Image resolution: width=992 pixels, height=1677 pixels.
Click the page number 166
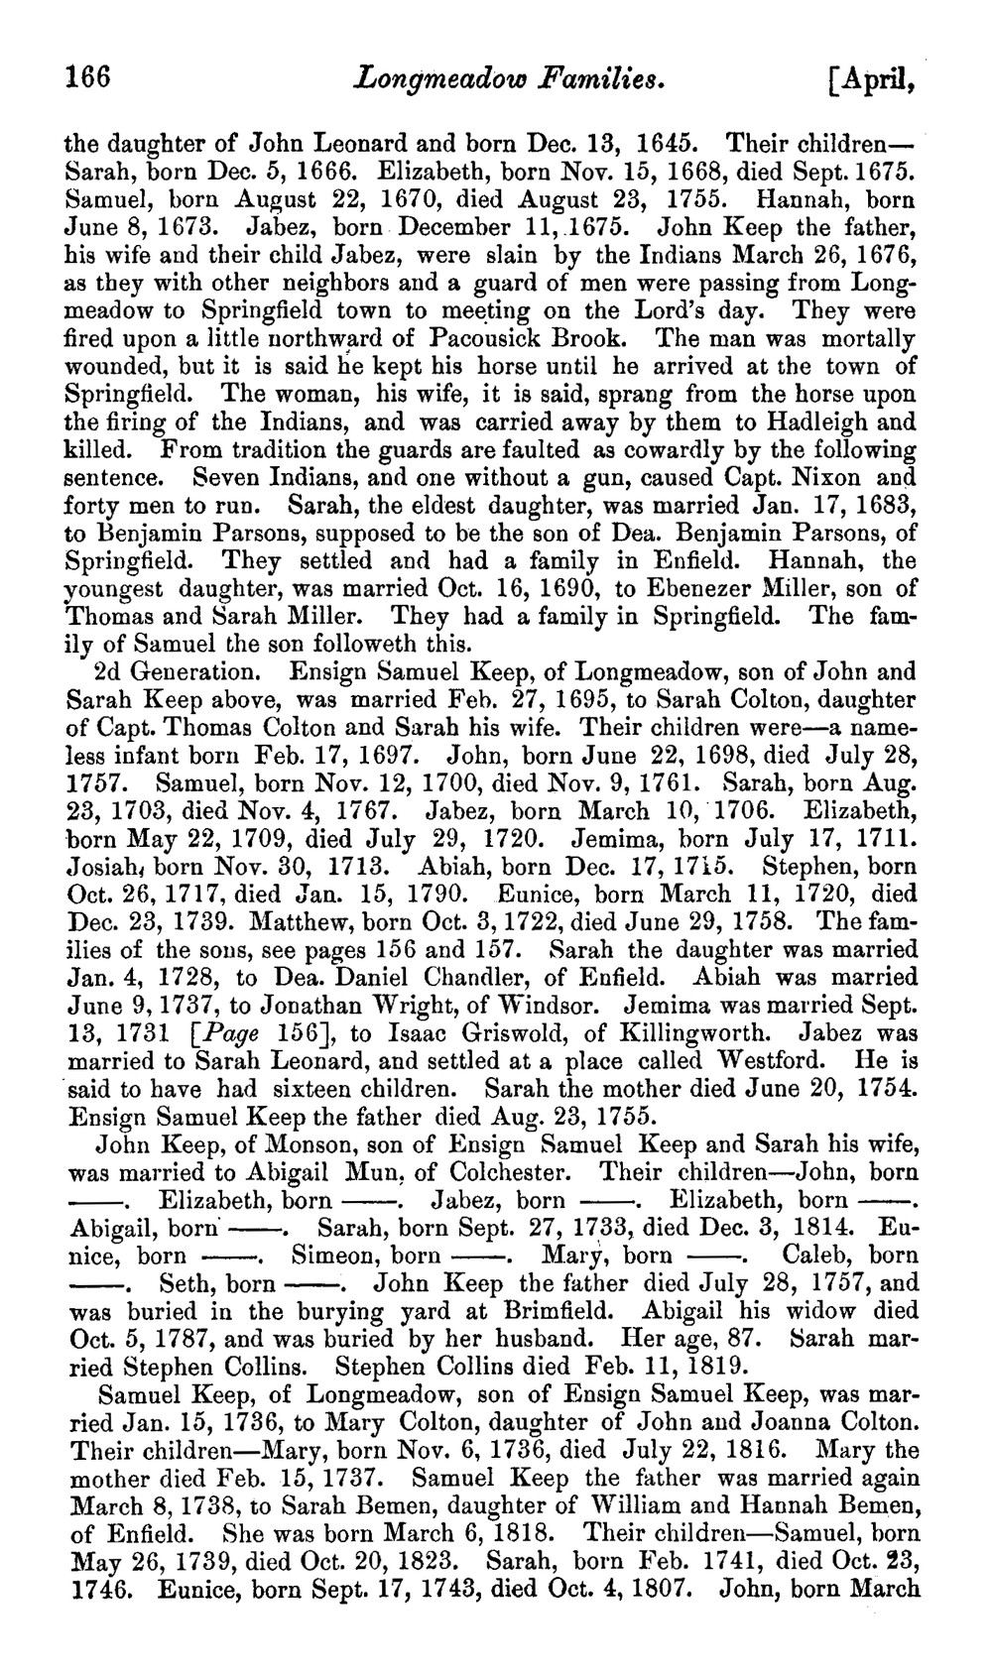point(87,77)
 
